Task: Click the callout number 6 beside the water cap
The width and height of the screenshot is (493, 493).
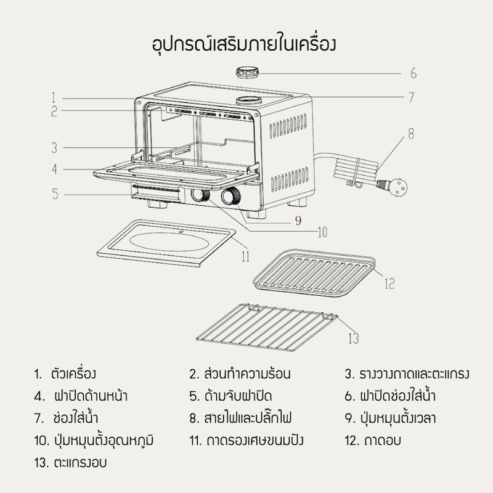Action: click(x=414, y=73)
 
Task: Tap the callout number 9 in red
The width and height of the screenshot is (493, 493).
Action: click(x=298, y=221)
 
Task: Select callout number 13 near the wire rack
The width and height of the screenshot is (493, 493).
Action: click(x=353, y=338)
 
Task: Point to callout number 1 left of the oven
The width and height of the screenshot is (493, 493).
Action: click(x=54, y=97)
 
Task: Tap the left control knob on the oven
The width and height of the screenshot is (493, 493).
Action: click(x=200, y=196)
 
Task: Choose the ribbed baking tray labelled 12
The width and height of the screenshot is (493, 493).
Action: click(x=314, y=272)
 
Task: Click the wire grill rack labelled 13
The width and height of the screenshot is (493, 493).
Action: click(x=266, y=327)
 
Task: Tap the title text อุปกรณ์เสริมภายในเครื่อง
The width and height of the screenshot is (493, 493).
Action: click(x=246, y=45)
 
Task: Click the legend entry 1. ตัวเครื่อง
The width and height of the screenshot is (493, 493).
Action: click(x=66, y=373)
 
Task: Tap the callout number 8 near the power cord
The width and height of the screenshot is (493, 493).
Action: click(x=411, y=132)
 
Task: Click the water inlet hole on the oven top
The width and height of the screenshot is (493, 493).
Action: click(x=248, y=100)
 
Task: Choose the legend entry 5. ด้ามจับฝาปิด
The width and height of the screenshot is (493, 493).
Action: click(x=230, y=395)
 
